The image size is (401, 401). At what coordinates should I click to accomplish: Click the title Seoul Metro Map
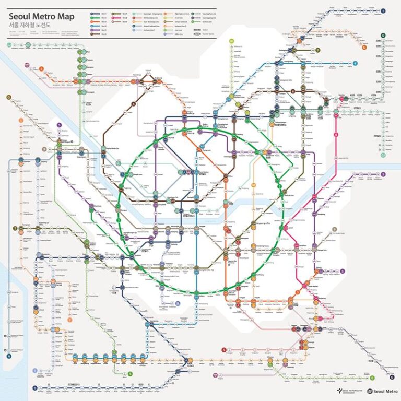click(42, 16)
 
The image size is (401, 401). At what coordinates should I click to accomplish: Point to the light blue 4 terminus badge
click(355, 63)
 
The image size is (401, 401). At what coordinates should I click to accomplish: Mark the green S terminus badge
click(131, 374)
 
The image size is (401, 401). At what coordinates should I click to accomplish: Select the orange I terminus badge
click(21, 121)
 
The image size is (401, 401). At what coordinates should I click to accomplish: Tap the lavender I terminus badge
click(35, 371)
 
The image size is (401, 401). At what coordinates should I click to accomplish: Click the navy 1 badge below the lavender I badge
click(35, 388)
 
